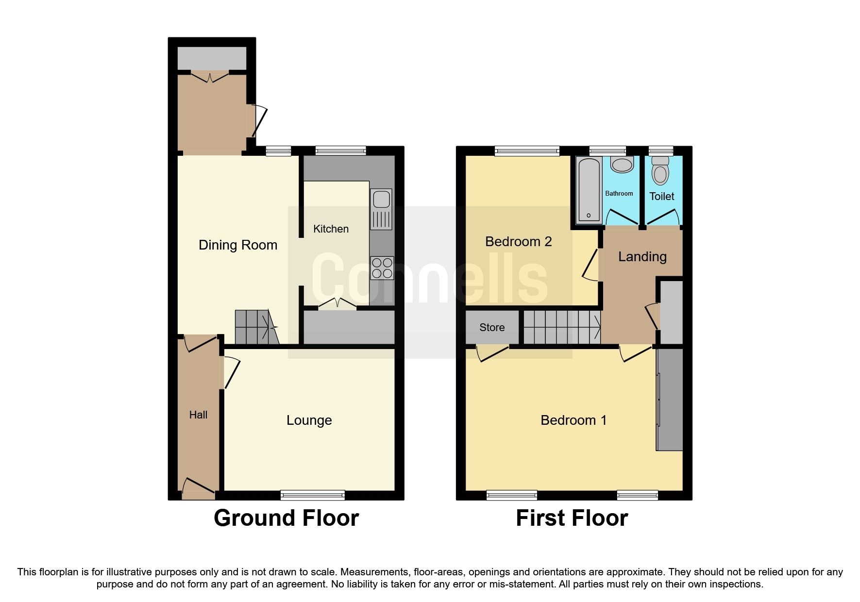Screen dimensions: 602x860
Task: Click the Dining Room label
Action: [x=238, y=245]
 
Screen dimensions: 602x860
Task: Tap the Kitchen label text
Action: [x=331, y=229]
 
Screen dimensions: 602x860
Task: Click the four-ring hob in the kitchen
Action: [x=382, y=268]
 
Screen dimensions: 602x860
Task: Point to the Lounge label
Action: [x=309, y=420]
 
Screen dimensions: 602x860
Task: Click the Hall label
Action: [x=198, y=415]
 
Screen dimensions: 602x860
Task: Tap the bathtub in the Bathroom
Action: [x=589, y=189]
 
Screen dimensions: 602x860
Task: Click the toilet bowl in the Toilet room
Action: [x=660, y=171]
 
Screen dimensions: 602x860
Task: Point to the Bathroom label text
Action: [x=619, y=193]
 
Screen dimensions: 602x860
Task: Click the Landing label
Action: [x=642, y=256]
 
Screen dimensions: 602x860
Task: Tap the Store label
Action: [x=492, y=327]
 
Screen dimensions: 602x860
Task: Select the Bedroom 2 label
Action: [x=518, y=241]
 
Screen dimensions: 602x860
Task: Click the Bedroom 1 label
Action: [x=573, y=420]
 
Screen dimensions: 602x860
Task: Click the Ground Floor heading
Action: [x=286, y=518]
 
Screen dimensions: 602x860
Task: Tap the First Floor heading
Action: [x=572, y=518]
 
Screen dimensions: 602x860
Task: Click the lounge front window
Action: [x=312, y=495]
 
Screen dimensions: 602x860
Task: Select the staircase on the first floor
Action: [x=562, y=327]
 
